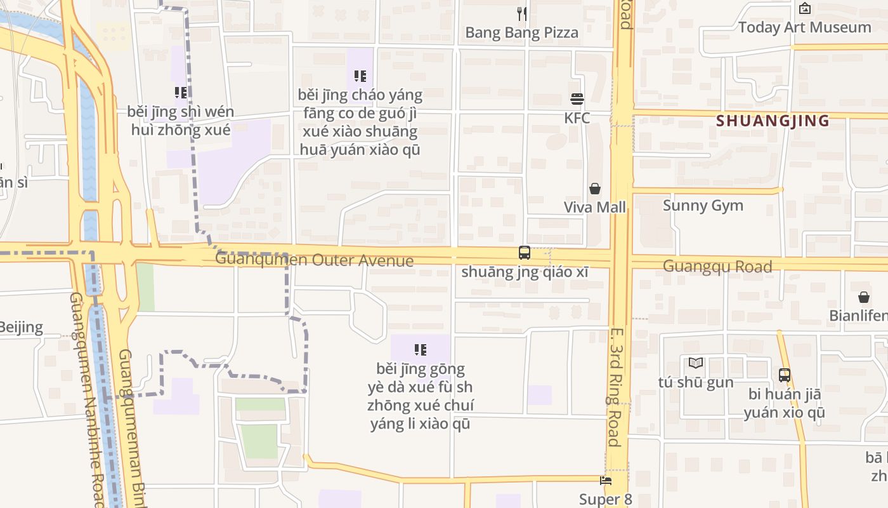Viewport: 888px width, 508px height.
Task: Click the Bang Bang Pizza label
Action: [521, 32]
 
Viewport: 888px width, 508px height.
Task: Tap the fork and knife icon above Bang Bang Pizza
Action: [522, 14]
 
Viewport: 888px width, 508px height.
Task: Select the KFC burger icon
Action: [577, 99]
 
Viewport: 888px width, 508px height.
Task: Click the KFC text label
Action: [577, 117]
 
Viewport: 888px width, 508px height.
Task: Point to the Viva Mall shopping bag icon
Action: [595, 189]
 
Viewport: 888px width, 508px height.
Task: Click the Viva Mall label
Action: [595, 207]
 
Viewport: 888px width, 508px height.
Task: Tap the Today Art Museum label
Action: [804, 27]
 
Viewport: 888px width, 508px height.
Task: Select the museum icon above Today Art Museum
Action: [805, 8]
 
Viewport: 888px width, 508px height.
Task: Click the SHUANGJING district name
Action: [773, 121]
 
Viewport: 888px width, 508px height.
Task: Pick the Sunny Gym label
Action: [703, 205]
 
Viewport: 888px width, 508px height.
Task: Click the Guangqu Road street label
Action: [717, 266]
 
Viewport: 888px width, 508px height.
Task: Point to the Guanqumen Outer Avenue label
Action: [314, 260]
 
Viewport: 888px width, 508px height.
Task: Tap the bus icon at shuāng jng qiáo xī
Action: [525, 253]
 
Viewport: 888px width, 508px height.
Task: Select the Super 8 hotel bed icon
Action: [606, 481]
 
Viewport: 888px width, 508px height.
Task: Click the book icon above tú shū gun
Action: [696, 363]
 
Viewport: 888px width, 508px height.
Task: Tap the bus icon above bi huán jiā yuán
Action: [785, 375]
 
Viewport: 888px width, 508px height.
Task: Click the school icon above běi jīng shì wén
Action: [181, 93]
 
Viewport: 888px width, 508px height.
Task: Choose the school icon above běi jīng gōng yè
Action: [420, 349]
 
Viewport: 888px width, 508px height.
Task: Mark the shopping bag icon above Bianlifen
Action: [864, 297]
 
